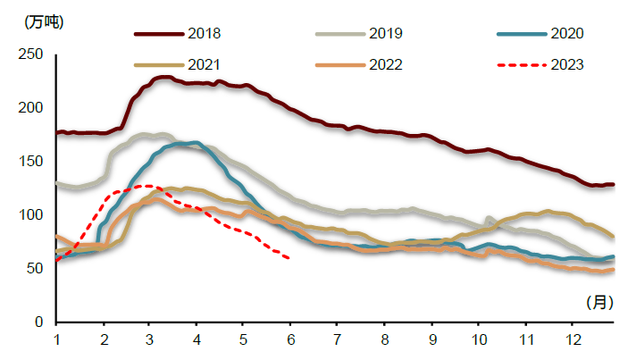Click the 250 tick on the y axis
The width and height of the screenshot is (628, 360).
(31, 54)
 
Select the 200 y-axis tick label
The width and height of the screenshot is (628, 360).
(31, 108)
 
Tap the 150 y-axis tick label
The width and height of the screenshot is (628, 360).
(31, 162)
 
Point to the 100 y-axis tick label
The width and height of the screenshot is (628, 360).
(31, 215)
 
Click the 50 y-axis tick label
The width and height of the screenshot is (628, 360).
(35, 269)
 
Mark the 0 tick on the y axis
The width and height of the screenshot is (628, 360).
(39, 322)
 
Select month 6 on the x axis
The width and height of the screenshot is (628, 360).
(289, 339)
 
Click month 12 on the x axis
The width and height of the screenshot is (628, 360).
(569, 339)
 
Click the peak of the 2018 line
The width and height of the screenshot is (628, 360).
(164, 77)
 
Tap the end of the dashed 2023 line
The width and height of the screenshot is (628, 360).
(289, 258)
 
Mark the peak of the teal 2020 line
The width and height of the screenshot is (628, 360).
(194, 142)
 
